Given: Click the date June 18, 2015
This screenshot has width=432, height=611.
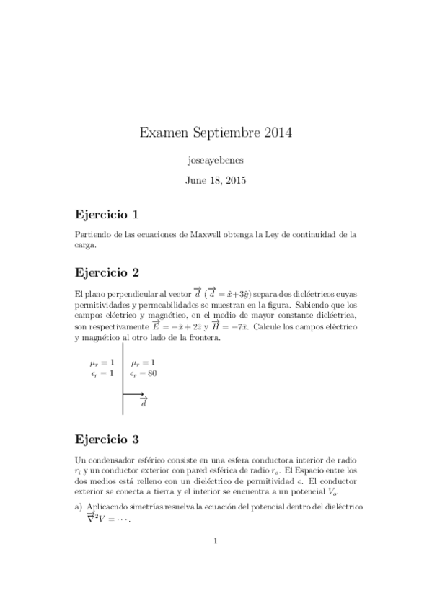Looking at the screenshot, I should pyautogui.click(x=216, y=180).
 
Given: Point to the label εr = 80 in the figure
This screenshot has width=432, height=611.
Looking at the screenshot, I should pyautogui.click(x=144, y=373).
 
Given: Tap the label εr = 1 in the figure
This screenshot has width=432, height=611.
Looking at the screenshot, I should pyautogui.click(x=102, y=373).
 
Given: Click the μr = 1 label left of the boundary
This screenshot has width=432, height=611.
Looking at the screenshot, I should pyautogui.click(x=102, y=362).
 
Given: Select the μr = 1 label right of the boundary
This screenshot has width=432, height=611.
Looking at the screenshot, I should pyautogui.click(x=144, y=362).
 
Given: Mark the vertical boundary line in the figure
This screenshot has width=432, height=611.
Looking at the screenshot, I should pyautogui.click(x=123, y=382).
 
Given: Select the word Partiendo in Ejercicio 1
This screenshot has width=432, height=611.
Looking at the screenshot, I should pyautogui.click(x=92, y=235).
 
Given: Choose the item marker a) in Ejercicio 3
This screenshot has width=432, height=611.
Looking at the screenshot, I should pyautogui.click(x=79, y=507).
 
